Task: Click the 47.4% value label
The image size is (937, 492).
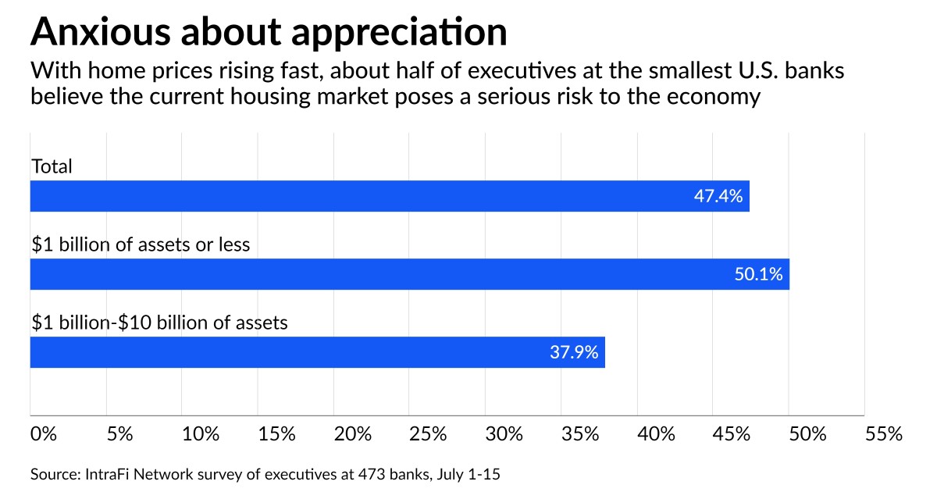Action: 718,196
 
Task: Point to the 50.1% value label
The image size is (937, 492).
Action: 758,275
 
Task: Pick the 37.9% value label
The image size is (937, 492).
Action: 574,353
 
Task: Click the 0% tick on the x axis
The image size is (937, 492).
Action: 44,434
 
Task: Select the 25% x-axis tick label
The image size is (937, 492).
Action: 428,434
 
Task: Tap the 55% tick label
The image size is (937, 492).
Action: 883,434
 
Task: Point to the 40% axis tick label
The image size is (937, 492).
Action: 656,434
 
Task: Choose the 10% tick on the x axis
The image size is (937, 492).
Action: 201,434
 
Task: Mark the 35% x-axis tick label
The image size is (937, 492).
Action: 579,434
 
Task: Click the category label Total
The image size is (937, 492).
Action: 52,166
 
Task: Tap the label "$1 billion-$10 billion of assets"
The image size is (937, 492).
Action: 159,322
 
